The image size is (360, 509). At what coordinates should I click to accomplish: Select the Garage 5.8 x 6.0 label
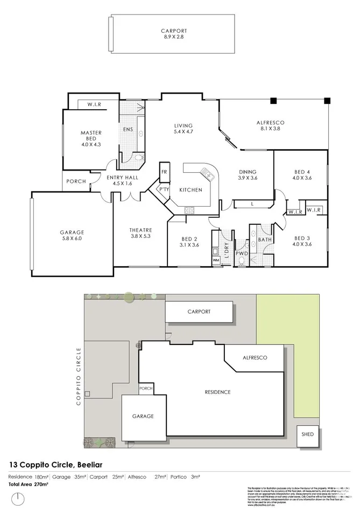72,236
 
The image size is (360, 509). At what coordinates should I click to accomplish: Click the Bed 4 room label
301,175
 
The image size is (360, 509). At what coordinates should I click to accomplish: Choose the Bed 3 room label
301,241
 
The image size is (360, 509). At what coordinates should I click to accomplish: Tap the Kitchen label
190,190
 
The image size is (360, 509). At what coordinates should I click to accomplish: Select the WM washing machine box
217,260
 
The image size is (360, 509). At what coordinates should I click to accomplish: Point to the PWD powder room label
242,252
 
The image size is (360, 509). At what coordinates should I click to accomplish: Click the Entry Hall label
122,180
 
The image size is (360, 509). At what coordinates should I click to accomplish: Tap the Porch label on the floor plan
76,181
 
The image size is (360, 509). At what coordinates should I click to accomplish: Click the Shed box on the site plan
308,434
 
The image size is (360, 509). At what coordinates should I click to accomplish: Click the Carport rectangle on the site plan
199,312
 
